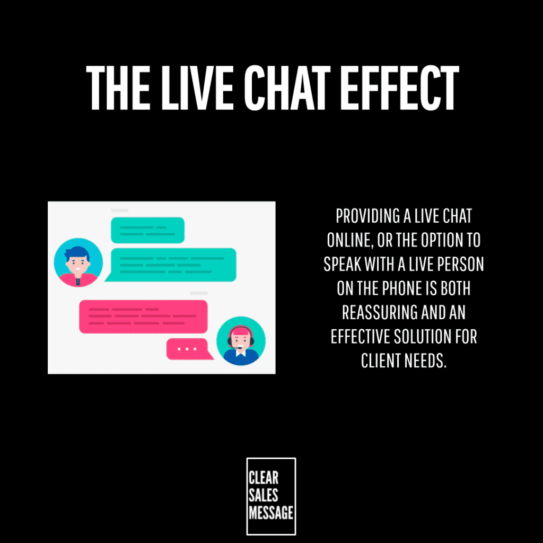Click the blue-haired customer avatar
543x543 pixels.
pyautogui.click(x=78, y=262)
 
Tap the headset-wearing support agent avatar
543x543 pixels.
pyautogui.click(x=241, y=341)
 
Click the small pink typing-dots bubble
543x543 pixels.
pyautogui.click(x=189, y=349)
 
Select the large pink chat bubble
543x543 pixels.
pyautogui.click(x=143, y=317)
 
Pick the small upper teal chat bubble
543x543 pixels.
pyautogui.click(x=147, y=230)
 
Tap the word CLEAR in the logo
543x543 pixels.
pyautogui.click(x=263, y=478)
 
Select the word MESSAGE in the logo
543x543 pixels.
pyautogui.click(x=271, y=513)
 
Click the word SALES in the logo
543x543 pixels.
pyautogui.click(x=263, y=495)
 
